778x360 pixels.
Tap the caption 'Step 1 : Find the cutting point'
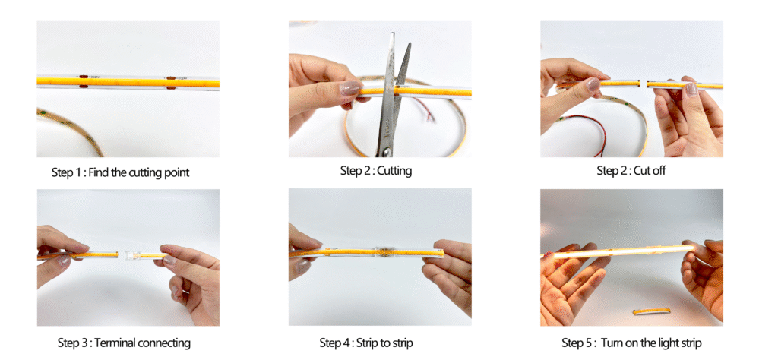pyautogui.click(x=121, y=172)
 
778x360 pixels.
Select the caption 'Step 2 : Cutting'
pyautogui.click(x=376, y=171)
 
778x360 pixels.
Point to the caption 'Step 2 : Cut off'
pyautogui.click(x=631, y=171)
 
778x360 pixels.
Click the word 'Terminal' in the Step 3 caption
pyautogui.click(x=115, y=343)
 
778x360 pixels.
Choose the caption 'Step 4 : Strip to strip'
pyautogui.click(x=366, y=343)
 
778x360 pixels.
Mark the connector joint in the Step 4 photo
pyautogui.click(x=381, y=251)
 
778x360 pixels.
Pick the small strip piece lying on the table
pyautogui.click(x=651, y=311)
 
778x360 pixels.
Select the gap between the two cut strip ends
pyautogui.click(x=643, y=84)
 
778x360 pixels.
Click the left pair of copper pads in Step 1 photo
pyautogui.click(x=84, y=82)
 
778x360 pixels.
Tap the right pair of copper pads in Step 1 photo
pyautogui.click(x=171, y=83)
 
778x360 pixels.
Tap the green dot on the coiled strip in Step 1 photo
pyautogui.click(x=45, y=115)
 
